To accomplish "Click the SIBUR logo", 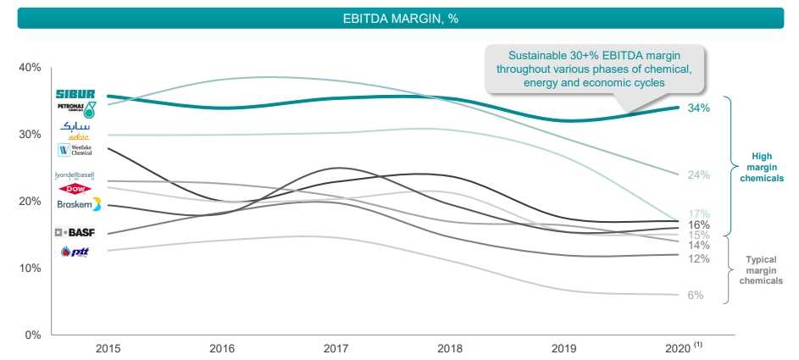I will point(75,94).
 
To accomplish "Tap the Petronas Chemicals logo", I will point(75,108).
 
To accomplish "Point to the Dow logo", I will point(75,189).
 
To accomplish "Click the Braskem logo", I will point(75,205).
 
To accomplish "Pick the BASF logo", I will point(75,232).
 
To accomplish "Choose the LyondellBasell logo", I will point(75,175).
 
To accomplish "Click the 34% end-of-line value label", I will point(698,108).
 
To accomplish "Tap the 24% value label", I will point(698,175).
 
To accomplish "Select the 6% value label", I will point(696,295).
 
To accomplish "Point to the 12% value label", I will point(698,258).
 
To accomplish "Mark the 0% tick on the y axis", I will point(32,335).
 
